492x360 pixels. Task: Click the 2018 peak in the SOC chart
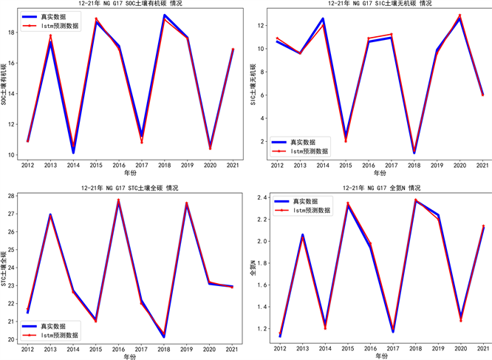tap(165, 16)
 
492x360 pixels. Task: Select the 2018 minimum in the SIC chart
tap(414, 152)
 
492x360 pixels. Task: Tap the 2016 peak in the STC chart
tap(119, 200)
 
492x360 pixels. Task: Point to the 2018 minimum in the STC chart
tap(165, 336)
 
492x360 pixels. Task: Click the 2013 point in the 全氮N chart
tap(302, 236)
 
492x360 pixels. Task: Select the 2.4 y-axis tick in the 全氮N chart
tap(260, 197)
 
